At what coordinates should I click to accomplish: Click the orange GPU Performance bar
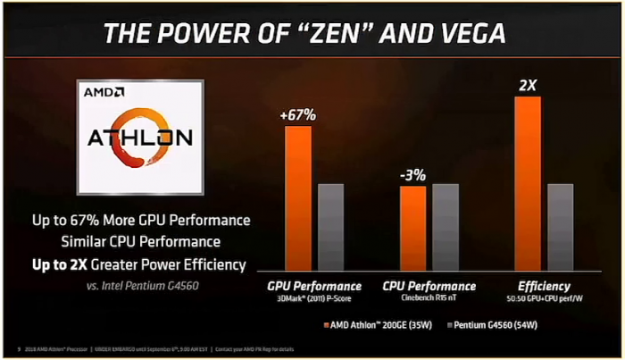tap(298, 199)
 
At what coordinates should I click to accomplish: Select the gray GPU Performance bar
tap(330, 228)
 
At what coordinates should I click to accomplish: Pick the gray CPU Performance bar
tap(445, 228)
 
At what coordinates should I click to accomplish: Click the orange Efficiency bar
tap(528, 184)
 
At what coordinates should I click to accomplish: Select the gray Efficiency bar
tap(559, 228)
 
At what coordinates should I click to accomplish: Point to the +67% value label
tap(297, 114)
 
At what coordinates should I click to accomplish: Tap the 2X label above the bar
tap(528, 85)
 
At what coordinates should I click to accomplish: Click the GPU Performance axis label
tap(314, 286)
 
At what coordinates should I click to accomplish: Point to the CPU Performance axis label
tap(429, 286)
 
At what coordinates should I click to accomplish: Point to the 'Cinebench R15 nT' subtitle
tap(429, 297)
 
